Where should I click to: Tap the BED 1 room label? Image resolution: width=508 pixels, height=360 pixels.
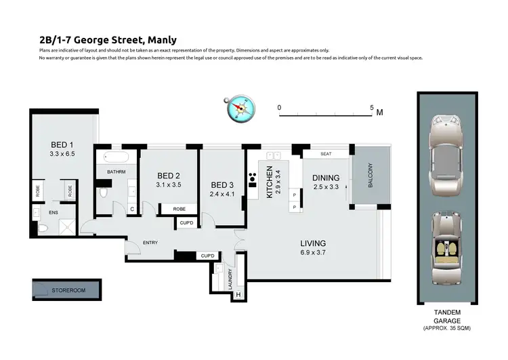pos(62,144)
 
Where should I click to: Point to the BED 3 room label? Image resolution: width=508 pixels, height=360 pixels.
pos(222,185)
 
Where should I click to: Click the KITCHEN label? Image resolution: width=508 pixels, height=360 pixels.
pos(269,182)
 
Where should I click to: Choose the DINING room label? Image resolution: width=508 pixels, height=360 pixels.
pos(325,178)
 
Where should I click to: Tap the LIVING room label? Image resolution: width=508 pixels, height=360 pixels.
pos(314,243)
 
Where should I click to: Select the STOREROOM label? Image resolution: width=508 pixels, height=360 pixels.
pos(69,291)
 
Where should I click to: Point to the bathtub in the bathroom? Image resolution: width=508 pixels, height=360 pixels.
pos(117,159)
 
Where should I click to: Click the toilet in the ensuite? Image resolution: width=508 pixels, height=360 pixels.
pos(43,230)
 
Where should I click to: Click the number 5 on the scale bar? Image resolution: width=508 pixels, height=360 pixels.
pos(372,107)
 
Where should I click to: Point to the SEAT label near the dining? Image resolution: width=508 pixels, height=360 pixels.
pos(325,154)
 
